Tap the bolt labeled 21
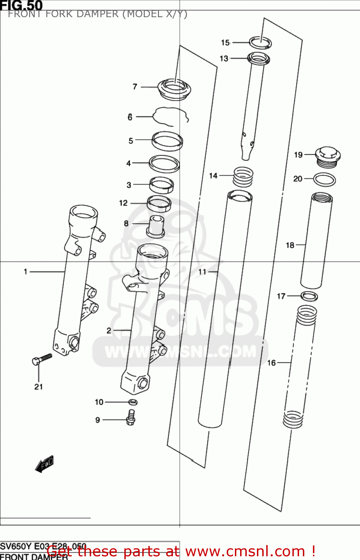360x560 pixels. [41, 359]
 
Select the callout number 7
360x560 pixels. [135, 87]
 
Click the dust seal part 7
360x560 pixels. [174, 90]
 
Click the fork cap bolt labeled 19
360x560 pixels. [328, 157]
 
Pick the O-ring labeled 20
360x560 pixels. [324, 180]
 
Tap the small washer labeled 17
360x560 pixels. [309, 296]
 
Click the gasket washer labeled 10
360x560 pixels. [133, 402]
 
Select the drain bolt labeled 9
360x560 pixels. [131, 417]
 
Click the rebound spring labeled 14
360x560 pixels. [243, 177]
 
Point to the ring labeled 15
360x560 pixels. [260, 43]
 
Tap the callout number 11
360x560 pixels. [202, 272]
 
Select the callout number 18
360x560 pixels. [290, 245]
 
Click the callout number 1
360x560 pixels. [25, 271]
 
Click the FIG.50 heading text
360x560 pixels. [21, 5]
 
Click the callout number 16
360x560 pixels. [271, 363]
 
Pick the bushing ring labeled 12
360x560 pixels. [159, 203]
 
